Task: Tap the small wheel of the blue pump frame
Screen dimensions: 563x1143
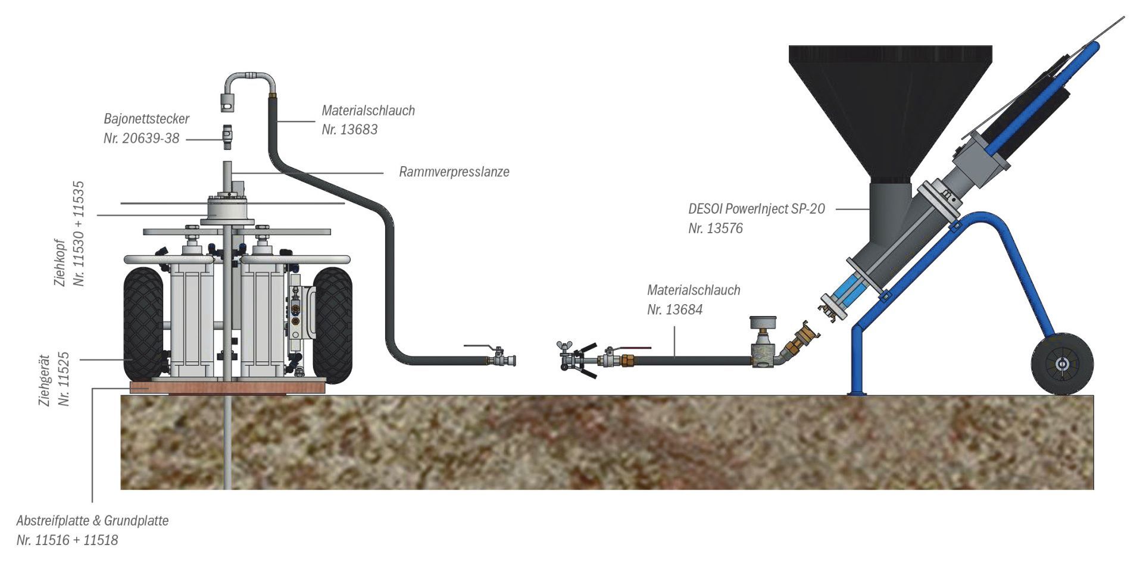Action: click(x=1062, y=364)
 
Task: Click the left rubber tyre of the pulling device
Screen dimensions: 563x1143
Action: click(x=143, y=324)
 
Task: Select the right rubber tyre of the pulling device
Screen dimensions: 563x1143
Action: click(x=332, y=324)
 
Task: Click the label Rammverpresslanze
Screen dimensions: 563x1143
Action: click(x=454, y=172)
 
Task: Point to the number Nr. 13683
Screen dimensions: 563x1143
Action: click(x=349, y=130)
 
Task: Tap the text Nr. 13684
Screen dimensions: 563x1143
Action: click(x=674, y=309)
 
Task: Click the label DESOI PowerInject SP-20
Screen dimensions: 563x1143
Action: click(x=756, y=209)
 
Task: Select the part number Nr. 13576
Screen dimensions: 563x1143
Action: click(x=716, y=229)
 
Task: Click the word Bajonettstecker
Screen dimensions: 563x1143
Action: click(x=146, y=118)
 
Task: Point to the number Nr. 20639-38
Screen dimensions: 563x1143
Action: click(x=141, y=139)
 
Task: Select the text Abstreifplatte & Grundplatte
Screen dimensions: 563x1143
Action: click(x=92, y=521)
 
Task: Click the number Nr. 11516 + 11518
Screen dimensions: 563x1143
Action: click(x=67, y=540)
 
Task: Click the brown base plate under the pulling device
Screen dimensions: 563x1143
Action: click(x=227, y=387)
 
